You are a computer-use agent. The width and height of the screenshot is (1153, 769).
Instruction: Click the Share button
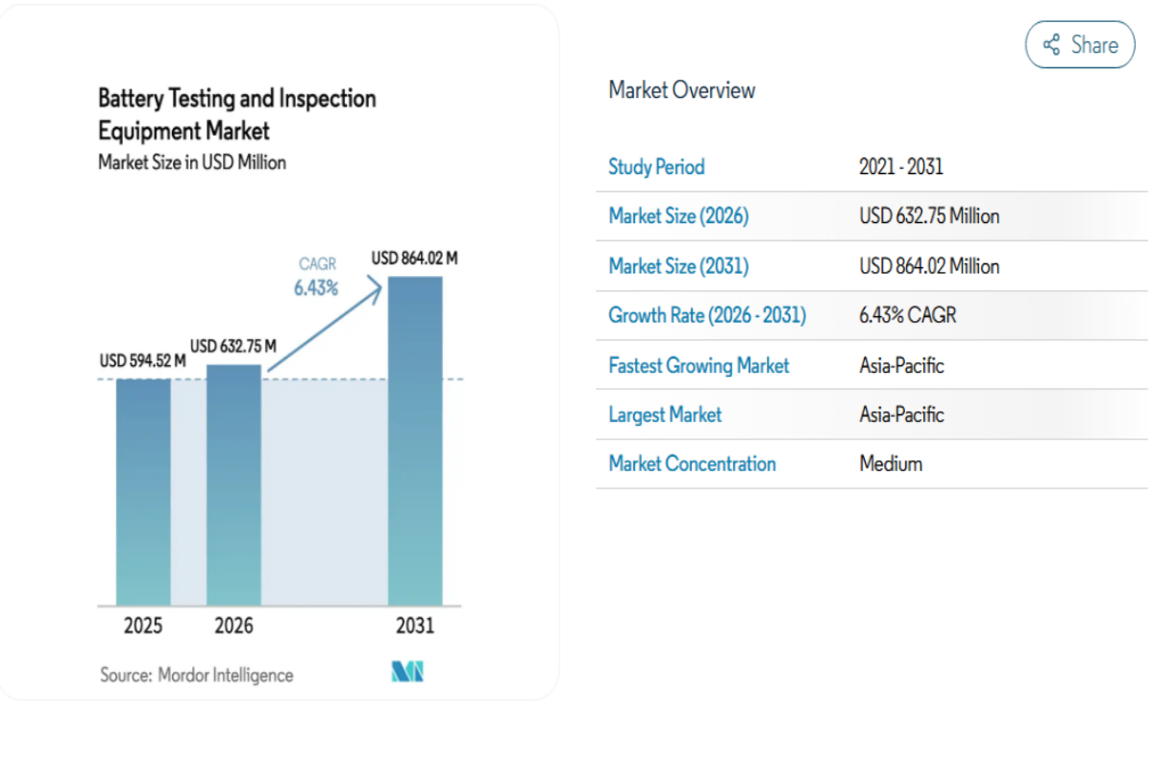pos(1080,45)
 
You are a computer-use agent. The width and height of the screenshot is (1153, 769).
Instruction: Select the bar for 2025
pos(143,491)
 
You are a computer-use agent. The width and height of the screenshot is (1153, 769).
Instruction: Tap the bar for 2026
pos(233,484)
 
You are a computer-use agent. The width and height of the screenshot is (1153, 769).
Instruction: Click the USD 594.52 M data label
pos(142,361)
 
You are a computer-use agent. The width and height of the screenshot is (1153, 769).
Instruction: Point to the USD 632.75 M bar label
pos(233,346)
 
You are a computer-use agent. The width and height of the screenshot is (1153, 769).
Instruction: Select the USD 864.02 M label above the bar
pos(414,258)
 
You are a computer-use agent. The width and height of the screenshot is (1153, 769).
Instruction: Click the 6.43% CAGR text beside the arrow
pos(316,287)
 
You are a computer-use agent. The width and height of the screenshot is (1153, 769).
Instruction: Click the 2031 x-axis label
pos(415,626)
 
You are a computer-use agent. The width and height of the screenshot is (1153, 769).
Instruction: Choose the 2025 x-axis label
pos(143,626)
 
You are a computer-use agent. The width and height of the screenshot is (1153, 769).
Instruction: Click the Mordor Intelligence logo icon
pos(407,673)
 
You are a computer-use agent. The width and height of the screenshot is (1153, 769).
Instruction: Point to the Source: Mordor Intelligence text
pos(197,675)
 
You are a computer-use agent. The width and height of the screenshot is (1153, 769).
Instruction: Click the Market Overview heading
pos(681,90)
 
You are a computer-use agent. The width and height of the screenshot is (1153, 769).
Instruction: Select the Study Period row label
pos(656,167)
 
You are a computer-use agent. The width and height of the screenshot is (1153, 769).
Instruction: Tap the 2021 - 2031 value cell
pos(900,167)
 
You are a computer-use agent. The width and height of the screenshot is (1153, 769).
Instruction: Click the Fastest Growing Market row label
pos(699,365)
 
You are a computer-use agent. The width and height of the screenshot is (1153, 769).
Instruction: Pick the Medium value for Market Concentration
pos(891,464)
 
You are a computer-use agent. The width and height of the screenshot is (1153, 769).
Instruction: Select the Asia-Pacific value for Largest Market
pos(901,414)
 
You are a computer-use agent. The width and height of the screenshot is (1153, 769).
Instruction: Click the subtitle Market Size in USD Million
pos(192,162)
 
